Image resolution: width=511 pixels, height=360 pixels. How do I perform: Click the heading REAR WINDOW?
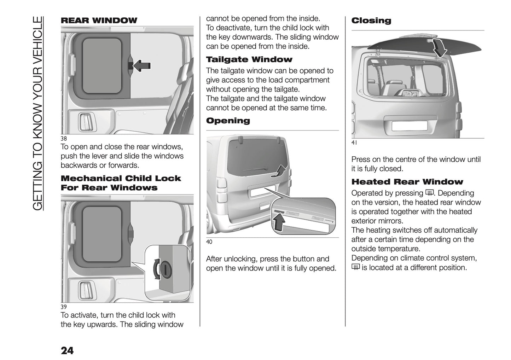coord(99,21)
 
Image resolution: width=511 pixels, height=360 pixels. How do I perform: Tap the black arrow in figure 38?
coord(141,66)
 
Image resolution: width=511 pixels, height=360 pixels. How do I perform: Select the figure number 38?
coord(64,139)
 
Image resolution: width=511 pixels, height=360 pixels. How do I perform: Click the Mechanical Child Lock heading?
coord(121,183)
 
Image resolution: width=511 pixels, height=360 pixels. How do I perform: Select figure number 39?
coord(64,307)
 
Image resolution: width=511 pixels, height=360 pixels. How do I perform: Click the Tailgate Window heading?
coord(249,59)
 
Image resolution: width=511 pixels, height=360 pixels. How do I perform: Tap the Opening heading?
coord(228,121)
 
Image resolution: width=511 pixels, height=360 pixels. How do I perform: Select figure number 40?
coord(209,242)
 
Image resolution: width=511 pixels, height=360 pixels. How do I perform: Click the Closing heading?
coord(371,21)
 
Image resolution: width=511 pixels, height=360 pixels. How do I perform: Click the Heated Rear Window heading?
coord(407,182)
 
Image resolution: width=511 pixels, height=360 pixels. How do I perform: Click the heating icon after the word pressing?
coord(430,193)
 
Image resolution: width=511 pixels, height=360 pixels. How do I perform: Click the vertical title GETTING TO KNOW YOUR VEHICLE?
coord(38,113)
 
